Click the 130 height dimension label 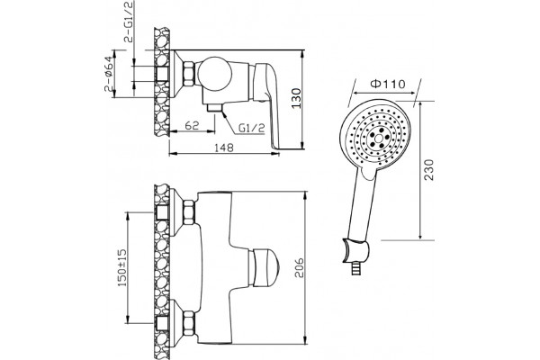[x=297, y=98]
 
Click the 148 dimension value [x=224, y=148]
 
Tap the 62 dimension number [x=193, y=125]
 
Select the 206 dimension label [x=299, y=267]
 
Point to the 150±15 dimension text [x=122, y=267]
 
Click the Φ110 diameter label [x=387, y=84]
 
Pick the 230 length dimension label [x=429, y=169]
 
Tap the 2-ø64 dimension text [x=109, y=74]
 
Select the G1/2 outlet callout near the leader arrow [x=252, y=129]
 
